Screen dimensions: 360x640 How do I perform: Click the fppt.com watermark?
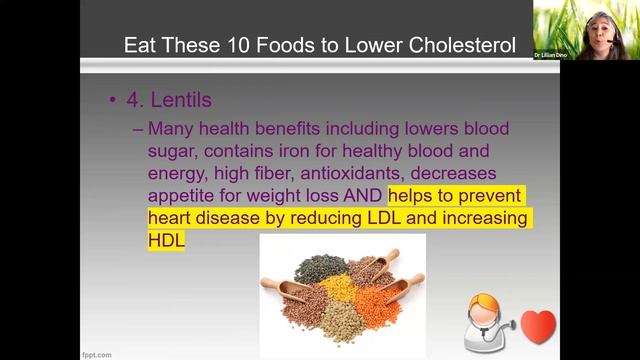(97, 354)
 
